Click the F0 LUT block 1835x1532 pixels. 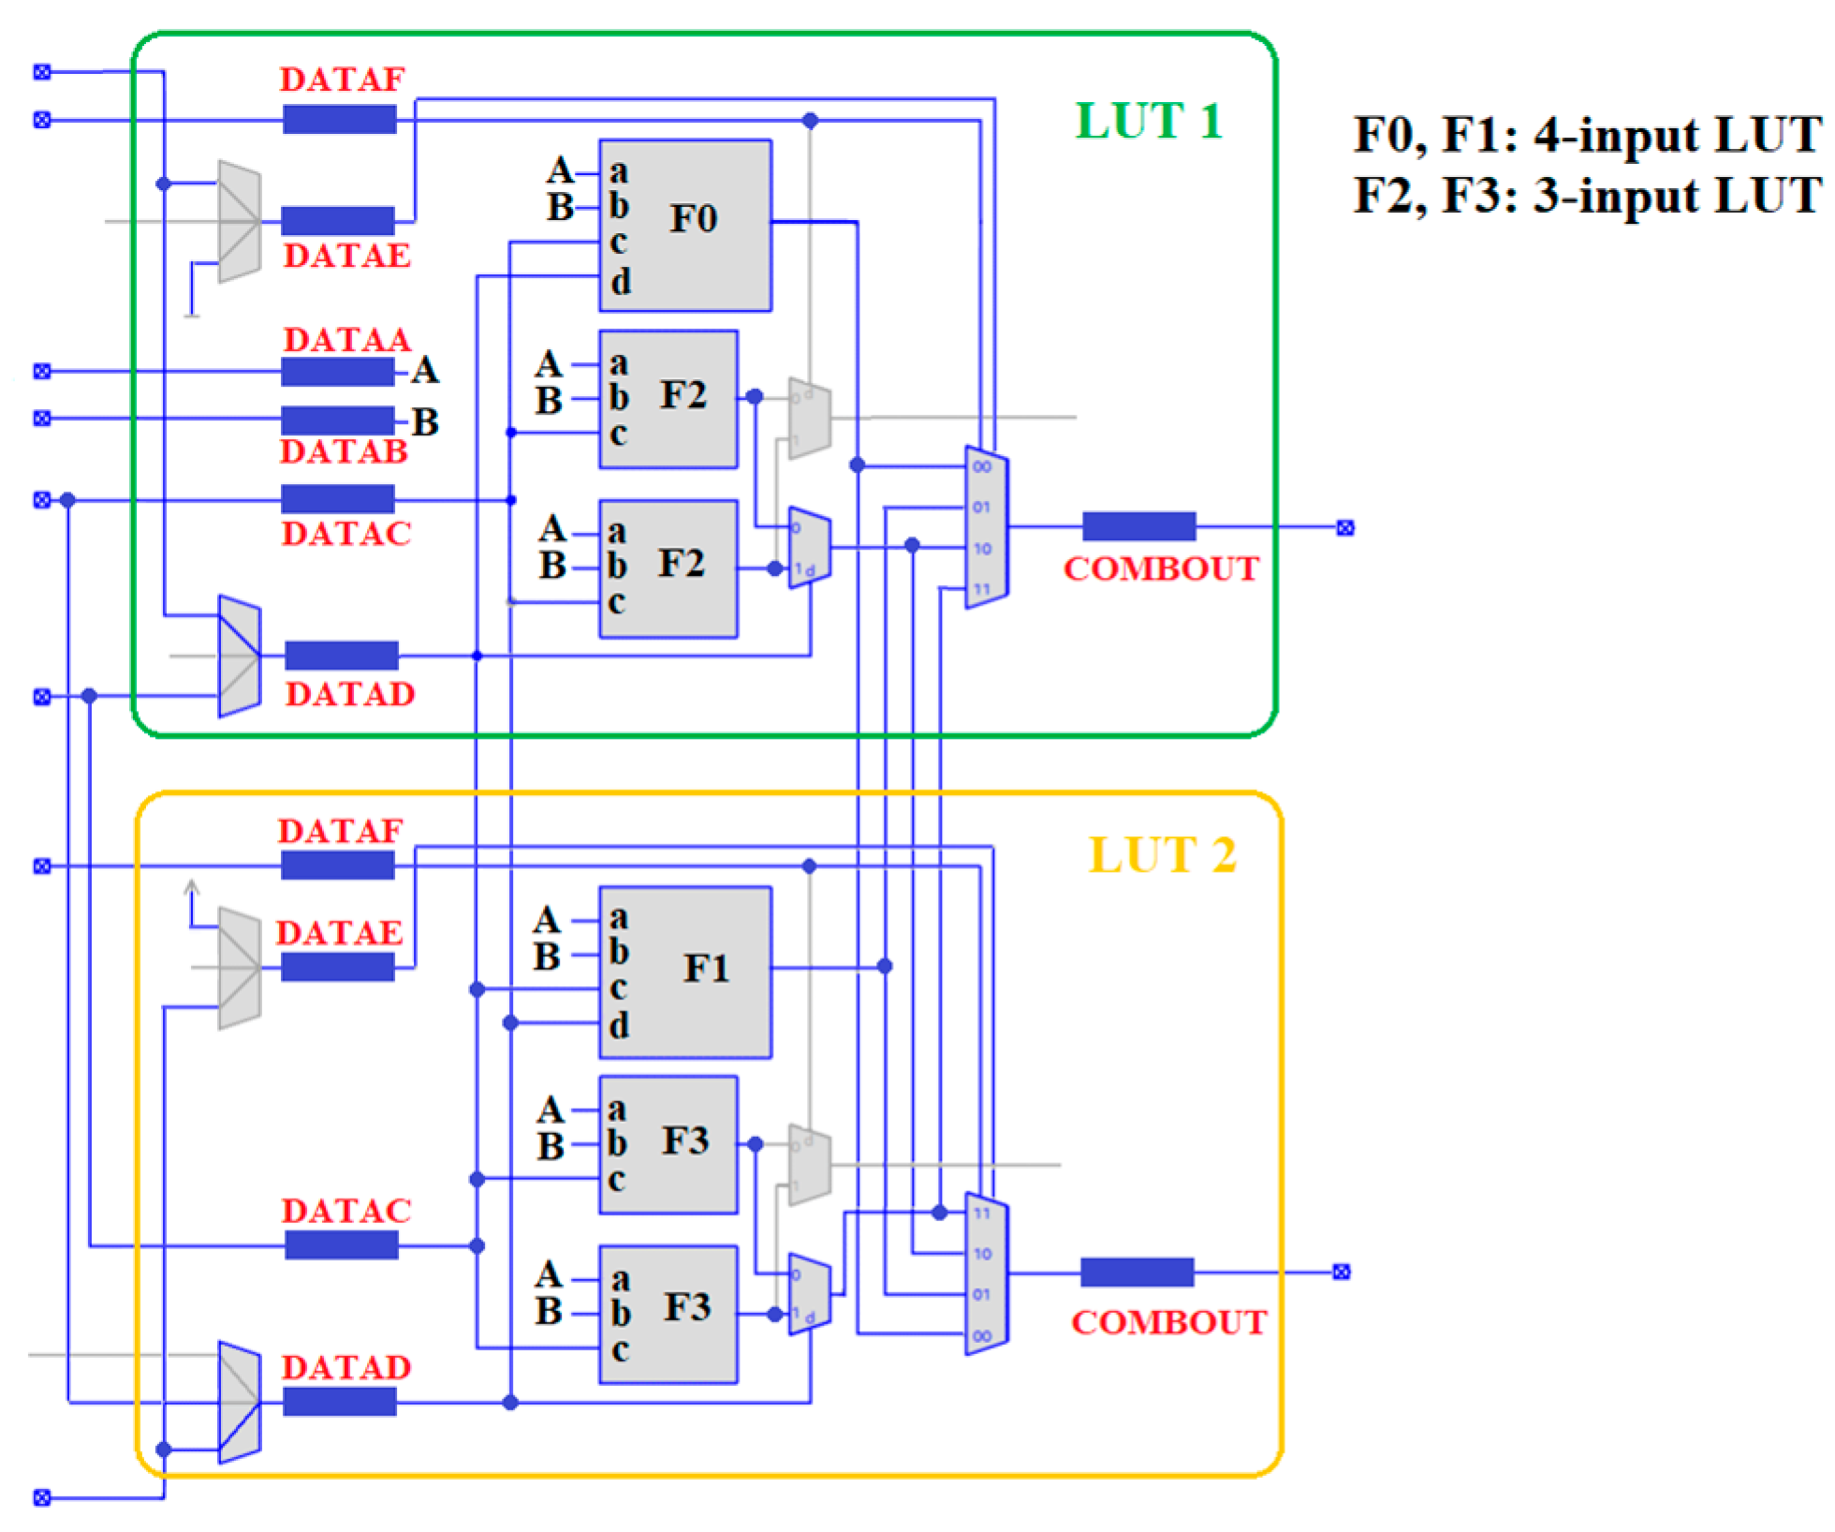point(685,225)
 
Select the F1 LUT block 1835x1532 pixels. point(685,972)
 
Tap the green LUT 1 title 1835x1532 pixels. point(1149,121)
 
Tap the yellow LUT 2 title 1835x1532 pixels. point(1162,855)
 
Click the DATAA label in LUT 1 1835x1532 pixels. point(346,339)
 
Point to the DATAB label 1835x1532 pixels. point(344,451)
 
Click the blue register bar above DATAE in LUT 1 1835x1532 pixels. point(337,221)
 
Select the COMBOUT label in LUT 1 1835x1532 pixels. point(1161,568)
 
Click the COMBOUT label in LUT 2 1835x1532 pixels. point(1168,1322)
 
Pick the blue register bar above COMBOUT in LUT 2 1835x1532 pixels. point(1137,1272)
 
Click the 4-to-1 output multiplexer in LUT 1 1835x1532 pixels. point(986,527)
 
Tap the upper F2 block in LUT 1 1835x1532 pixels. point(668,399)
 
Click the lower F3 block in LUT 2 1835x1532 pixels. point(668,1314)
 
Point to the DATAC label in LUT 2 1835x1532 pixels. point(346,1211)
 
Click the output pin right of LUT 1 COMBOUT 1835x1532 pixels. point(1345,528)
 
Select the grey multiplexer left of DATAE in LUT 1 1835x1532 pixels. point(239,221)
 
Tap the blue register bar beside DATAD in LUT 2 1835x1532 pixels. point(339,1402)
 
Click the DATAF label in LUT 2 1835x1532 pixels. point(340,831)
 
